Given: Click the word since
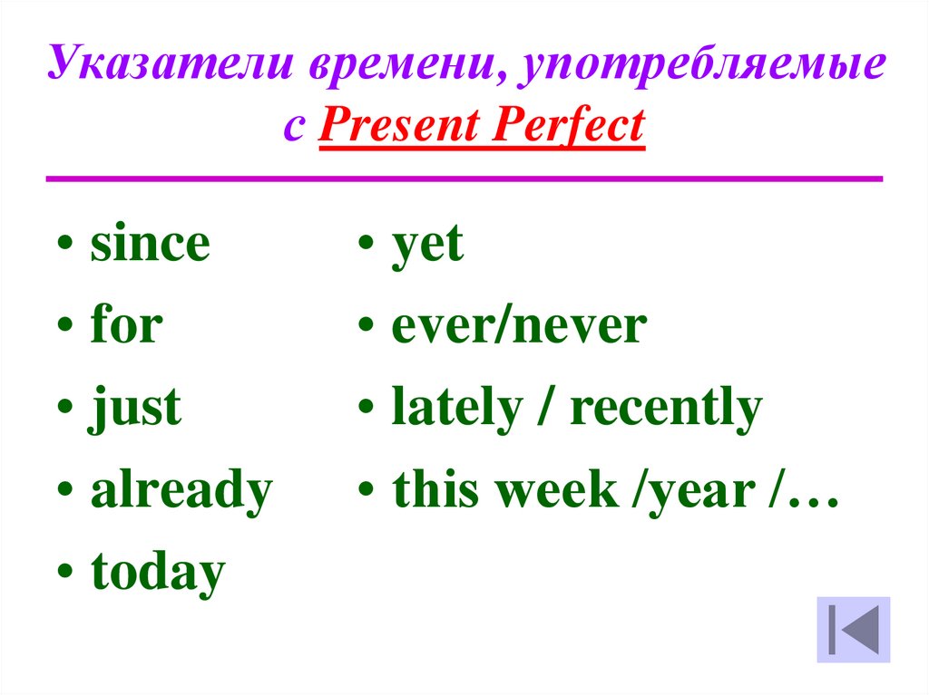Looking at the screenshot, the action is coord(150,243).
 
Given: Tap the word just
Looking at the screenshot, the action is coord(134,408).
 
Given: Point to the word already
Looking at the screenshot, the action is coord(181,491).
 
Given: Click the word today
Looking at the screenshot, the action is coord(158,571).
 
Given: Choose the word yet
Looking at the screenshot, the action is coord(427,246).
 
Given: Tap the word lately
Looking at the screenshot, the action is coord(457,408).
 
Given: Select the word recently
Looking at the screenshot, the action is coord(666,408).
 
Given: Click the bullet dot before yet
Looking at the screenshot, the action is coord(367,242).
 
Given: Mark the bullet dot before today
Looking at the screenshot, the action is coord(65,569).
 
